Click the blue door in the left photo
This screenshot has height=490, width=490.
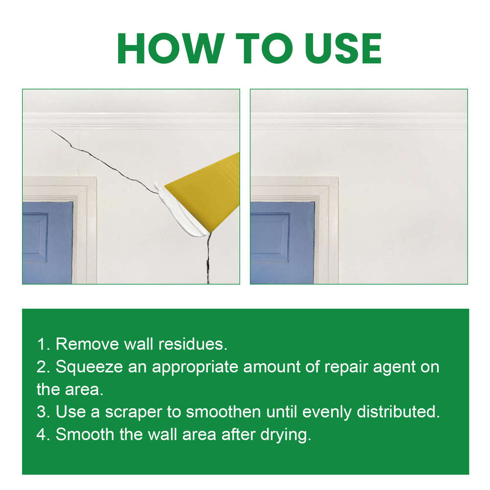(x=47, y=243)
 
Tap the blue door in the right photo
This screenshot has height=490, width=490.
(x=282, y=243)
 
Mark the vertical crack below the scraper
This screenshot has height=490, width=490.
(x=208, y=260)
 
